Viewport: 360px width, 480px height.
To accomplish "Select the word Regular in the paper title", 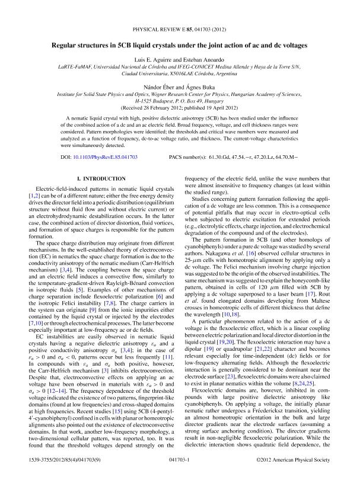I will coord(66,45).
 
